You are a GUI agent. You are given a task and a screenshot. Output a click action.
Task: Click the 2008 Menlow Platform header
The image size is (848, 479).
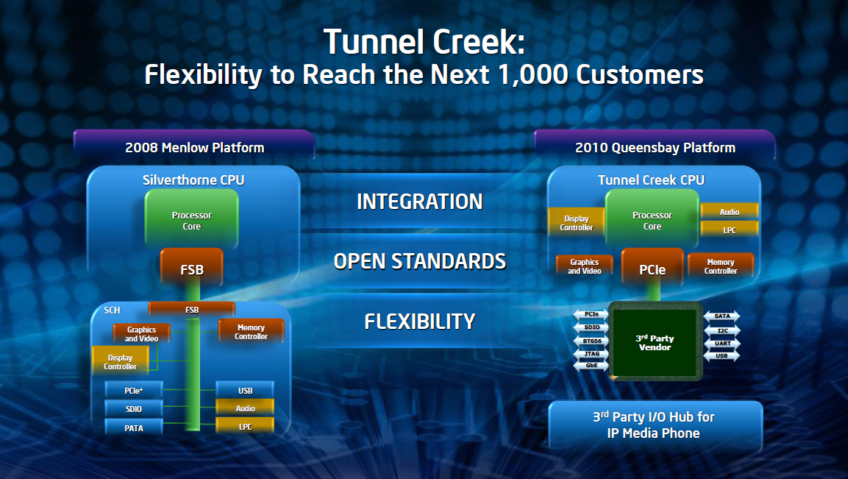[x=194, y=147]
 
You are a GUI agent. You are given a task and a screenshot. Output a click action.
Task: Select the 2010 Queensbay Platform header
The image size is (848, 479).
[x=655, y=147]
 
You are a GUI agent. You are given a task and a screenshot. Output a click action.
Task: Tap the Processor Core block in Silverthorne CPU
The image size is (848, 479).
[x=191, y=221]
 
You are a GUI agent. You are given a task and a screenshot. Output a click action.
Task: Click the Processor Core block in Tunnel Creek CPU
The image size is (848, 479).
[x=652, y=221]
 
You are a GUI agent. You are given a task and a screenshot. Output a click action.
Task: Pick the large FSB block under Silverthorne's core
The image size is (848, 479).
[x=192, y=270]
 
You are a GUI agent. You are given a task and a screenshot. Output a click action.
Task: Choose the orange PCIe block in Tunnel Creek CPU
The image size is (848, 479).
[x=652, y=270]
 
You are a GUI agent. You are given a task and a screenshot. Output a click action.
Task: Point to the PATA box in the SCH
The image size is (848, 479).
[x=133, y=427]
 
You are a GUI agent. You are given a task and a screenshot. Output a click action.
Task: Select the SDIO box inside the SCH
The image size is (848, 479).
[x=133, y=408]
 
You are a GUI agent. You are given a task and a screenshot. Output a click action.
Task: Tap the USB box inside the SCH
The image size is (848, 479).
[x=245, y=391]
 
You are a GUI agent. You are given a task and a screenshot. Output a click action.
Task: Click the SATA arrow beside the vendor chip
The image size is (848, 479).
[x=722, y=316]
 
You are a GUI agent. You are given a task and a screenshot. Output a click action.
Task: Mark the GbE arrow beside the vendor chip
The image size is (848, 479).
[x=591, y=365]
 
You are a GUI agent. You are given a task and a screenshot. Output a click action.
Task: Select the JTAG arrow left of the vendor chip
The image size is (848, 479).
[x=591, y=353]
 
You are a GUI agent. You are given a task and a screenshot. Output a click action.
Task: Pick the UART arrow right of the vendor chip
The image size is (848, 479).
[x=722, y=343]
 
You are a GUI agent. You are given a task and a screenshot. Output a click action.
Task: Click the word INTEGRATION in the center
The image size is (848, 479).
[x=419, y=202]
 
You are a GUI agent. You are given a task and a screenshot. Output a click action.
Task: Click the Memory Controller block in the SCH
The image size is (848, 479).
[x=251, y=332]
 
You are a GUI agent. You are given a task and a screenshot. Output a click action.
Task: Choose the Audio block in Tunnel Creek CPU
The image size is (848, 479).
[x=729, y=212]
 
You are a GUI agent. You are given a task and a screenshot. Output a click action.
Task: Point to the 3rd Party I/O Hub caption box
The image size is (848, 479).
[x=655, y=425]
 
